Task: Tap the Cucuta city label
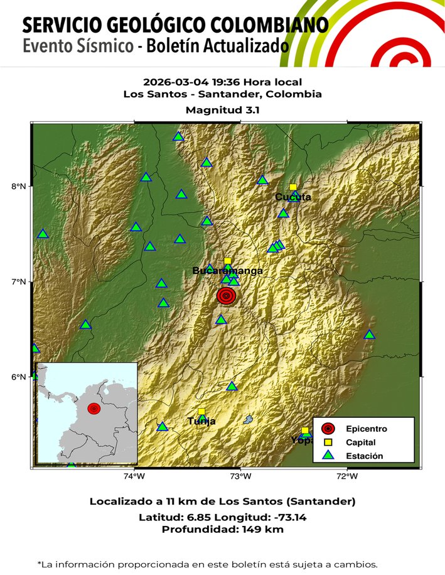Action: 293,197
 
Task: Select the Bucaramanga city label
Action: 227,271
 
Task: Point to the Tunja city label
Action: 201,421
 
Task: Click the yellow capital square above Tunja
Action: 201,412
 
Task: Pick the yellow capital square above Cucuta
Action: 293,187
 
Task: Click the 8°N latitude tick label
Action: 20,186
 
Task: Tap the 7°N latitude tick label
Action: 20,282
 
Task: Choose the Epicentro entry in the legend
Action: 366,429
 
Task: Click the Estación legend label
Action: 364,456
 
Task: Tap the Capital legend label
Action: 361,442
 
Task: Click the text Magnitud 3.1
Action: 223,109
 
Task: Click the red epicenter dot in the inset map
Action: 94,408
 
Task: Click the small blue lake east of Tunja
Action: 249,419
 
